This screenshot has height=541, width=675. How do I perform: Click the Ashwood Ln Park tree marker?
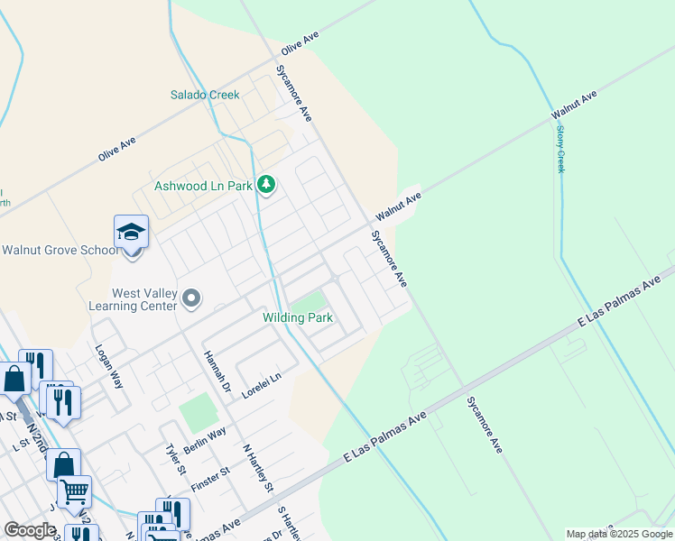[x=265, y=186]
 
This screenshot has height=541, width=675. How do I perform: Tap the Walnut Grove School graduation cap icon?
[x=131, y=233]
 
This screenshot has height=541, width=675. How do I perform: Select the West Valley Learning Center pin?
[x=191, y=298]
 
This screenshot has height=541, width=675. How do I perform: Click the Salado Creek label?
[x=206, y=95]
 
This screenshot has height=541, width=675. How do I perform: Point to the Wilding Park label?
[x=298, y=317]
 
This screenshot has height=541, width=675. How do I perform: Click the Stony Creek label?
[x=559, y=149]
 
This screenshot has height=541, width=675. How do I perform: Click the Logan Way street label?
[x=108, y=365]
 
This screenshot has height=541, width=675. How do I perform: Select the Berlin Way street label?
[x=205, y=438]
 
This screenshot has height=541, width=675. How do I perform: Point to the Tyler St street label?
[x=175, y=459]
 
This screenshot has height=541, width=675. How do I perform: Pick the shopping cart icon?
[x=75, y=491]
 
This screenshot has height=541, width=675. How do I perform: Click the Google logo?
[x=30, y=530]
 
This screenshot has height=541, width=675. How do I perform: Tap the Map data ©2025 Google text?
[x=618, y=534]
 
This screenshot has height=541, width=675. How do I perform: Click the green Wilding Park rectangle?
[x=310, y=301]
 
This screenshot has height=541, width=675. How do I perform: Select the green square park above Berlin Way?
[x=198, y=413]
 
